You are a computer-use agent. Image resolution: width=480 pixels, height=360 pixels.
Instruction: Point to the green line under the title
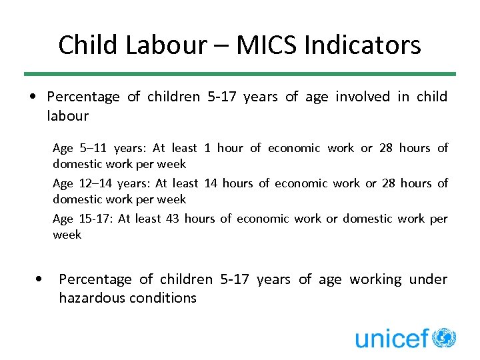pyautogui.click(x=240, y=74)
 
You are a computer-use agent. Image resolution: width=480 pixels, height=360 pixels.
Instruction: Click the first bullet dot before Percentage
pyautogui.click(x=33, y=97)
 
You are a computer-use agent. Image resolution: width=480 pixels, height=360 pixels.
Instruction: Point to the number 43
pyautogui.click(x=172, y=218)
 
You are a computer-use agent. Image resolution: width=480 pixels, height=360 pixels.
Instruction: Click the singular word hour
pyautogui.click(x=230, y=148)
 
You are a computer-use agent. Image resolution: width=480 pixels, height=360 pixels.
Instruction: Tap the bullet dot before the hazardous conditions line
pyautogui.click(x=42, y=279)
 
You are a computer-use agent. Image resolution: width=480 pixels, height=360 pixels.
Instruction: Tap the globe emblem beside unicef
pyautogui.click(x=443, y=337)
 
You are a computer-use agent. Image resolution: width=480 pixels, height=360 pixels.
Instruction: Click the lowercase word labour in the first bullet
pyautogui.click(x=67, y=115)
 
